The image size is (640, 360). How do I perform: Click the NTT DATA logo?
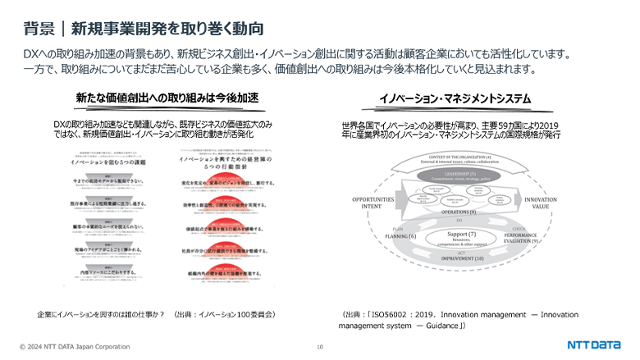point(594,344)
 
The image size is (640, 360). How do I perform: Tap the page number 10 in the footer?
point(319,347)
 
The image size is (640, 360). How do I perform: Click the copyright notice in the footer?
point(75,347)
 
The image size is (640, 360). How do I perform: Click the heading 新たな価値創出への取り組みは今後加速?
point(167,98)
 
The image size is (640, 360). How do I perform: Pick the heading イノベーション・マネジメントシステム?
point(455,98)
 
